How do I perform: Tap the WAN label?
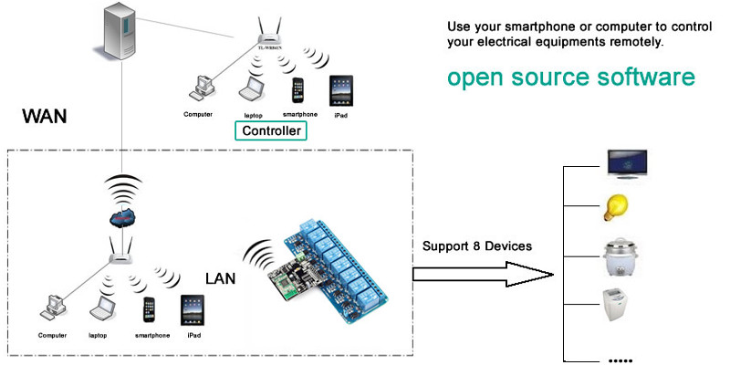point(46,118)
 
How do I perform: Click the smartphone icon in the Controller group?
point(297,91)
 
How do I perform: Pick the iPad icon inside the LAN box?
point(192,309)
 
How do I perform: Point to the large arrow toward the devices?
point(484,272)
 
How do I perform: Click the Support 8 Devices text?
point(476,246)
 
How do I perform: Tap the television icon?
point(628,162)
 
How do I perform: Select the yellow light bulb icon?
point(614,209)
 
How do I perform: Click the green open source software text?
point(570,78)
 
